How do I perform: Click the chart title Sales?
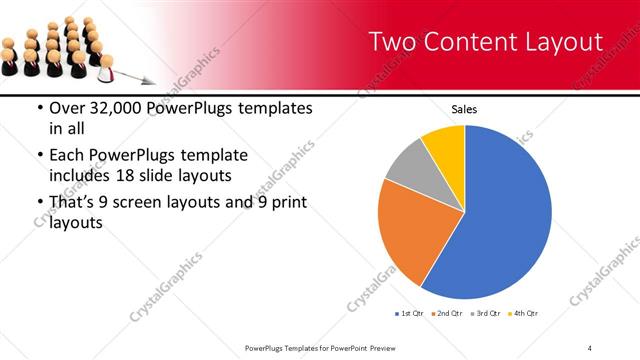[464, 108]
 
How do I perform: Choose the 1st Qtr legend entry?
[410, 314]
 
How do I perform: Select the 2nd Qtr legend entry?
[446, 314]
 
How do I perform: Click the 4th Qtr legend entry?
[524, 314]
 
